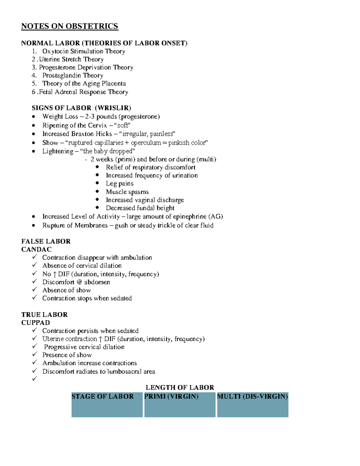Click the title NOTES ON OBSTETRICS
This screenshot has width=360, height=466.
tap(70, 26)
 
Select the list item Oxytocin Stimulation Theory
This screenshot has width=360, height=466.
tap(83, 51)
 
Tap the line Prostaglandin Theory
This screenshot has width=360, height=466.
tap(73, 75)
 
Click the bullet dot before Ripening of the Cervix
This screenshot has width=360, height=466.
tap(34, 125)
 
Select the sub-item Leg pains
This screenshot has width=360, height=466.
tap(119, 183)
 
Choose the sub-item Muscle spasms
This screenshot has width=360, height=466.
tap(127, 192)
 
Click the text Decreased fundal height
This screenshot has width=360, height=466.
tap(140, 208)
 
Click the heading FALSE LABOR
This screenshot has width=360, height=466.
tap(46, 241)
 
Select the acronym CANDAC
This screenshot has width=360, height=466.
tap(36, 249)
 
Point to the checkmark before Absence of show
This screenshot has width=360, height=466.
tap(34, 290)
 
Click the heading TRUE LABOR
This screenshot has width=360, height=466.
tap(44, 314)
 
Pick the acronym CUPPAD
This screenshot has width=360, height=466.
tap(36, 323)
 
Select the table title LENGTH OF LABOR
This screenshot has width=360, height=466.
tap(180, 387)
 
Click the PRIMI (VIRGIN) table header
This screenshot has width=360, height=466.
tap(171, 396)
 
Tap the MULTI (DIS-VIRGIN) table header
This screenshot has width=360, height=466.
tap(252, 396)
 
